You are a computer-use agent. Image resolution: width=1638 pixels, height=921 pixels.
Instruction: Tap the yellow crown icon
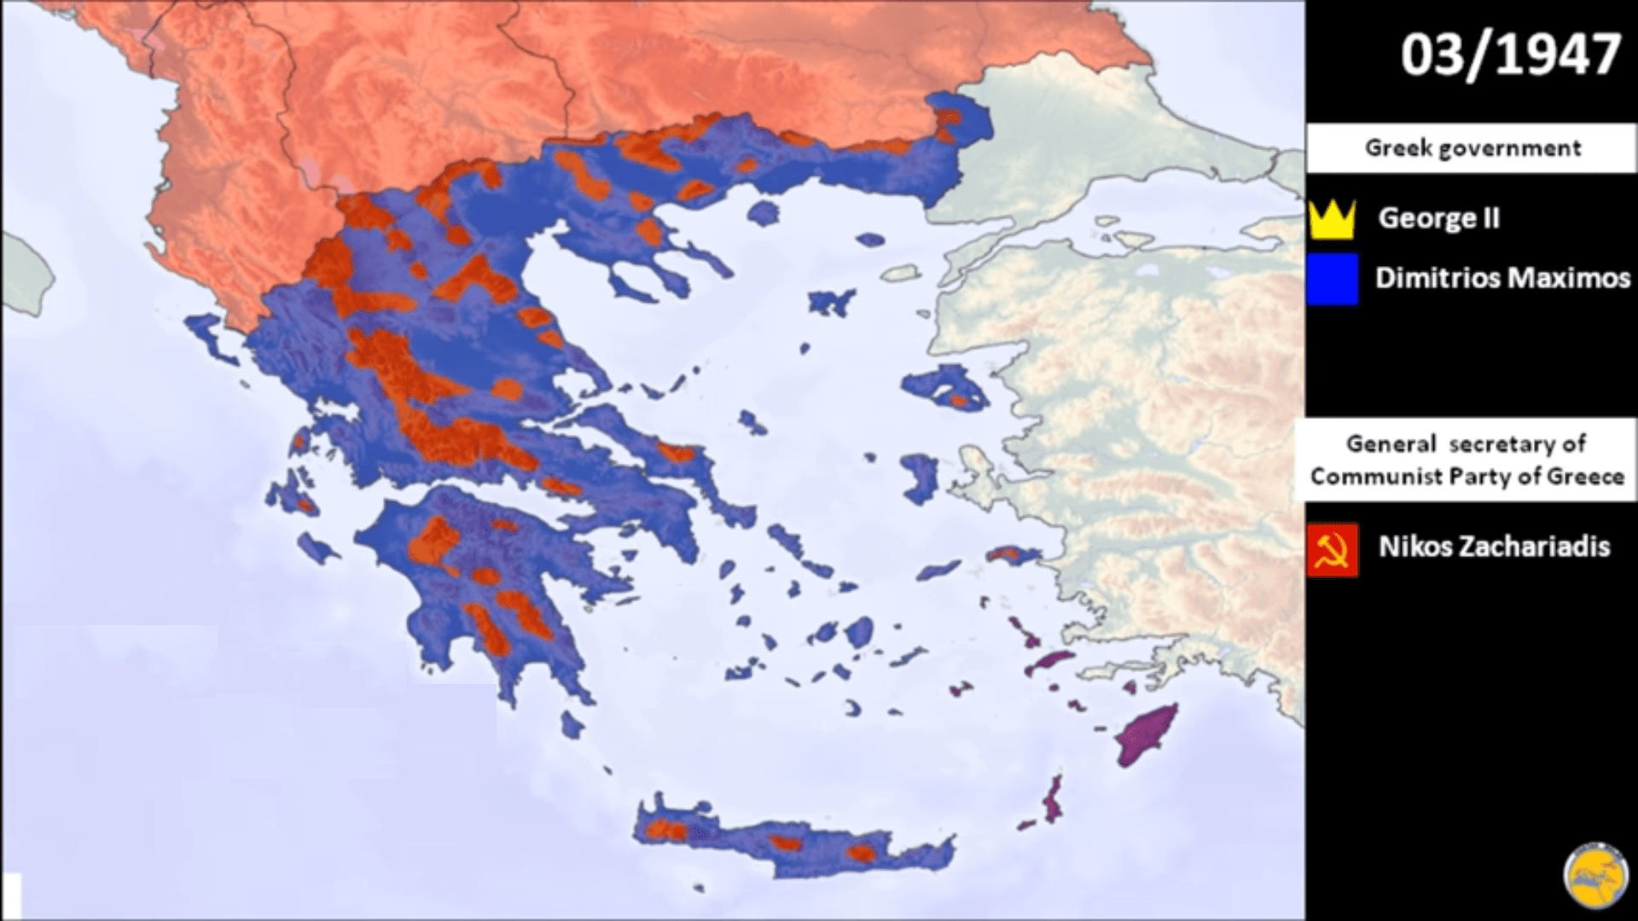pos(1331,219)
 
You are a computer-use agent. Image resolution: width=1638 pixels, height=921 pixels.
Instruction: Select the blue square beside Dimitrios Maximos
pos(1332,279)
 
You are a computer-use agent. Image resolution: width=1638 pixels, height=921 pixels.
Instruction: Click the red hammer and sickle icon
pos(1333,550)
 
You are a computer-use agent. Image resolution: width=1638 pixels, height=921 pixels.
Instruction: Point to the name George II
pos(1438,218)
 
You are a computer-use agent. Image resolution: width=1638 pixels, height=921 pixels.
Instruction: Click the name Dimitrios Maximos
pos(1502,278)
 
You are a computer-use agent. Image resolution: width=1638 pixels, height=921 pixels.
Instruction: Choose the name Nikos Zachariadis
pos(1494,546)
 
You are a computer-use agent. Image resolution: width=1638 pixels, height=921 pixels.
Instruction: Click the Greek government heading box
pos(1472,148)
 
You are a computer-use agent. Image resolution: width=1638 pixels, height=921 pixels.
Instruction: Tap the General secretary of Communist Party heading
pos(1467,460)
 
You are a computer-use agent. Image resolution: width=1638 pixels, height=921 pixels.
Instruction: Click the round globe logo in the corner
pos(1594,878)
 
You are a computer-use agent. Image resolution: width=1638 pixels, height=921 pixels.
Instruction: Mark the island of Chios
pos(920,478)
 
